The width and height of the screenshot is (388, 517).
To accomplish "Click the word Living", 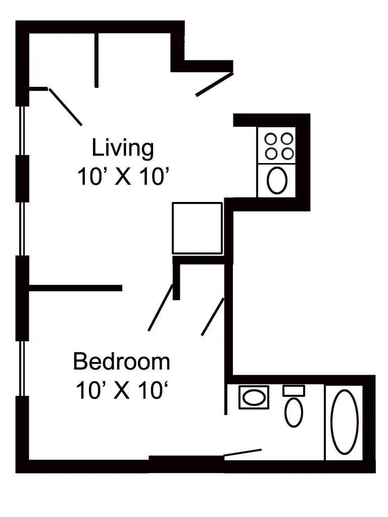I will pyautogui.click(x=122, y=148).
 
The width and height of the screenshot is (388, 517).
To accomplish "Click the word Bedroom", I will pyautogui.click(x=121, y=362).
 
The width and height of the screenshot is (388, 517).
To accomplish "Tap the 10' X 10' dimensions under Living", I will pyautogui.click(x=122, y=177).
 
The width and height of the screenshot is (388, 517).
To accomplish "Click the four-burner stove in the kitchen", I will pyautogui.click(x=276, y=146).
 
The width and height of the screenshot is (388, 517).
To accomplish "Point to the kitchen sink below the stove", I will pyautogui.click(x=276, y=180).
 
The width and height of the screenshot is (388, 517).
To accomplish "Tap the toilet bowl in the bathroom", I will pyautogui.click(x=294, y=412).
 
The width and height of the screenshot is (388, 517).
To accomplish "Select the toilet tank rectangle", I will pyautogui.click(x=294, y=390).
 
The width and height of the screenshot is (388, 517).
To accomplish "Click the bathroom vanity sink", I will pyautogui.click(x=254, y=397).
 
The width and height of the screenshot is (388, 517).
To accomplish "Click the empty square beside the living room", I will pyautogui.click(x=197, y=228).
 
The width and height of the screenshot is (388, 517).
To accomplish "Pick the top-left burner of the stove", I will pyautogui.click(x=270, y=138).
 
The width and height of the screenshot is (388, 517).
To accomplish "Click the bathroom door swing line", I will pyautogui.click(x=243, y=452).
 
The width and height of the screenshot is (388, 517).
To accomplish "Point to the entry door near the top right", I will pyautogui.click(x=215, y=84).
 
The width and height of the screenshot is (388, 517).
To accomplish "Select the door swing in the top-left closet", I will pyautogui.click(x=66, y=107).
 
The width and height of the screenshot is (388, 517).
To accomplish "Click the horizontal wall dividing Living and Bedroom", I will pyautogui.click(x=76, y=288).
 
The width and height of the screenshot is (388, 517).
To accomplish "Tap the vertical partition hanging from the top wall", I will pyautogui.click(x=96, y=60).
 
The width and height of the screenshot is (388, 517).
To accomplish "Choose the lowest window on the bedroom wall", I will pyautogui.click(x=22, y=369).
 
